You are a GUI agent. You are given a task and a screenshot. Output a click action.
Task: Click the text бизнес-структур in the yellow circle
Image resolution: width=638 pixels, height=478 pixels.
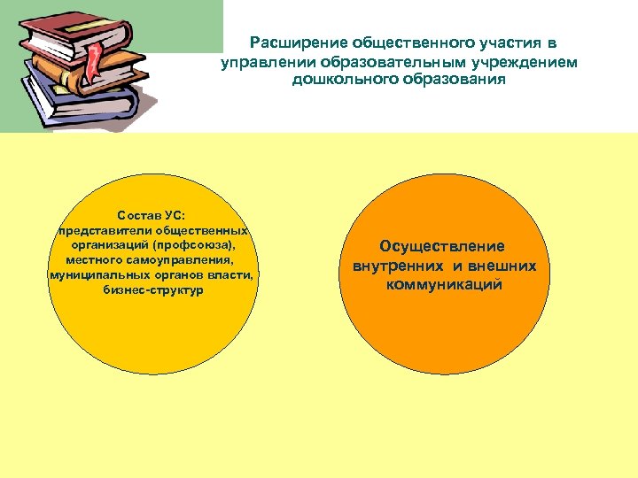coord(152,290)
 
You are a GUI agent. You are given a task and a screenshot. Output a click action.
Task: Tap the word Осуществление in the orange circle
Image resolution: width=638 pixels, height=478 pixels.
coord(442,246)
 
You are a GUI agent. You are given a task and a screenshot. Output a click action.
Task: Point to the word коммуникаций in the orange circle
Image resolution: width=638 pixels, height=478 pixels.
coord(442,285)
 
